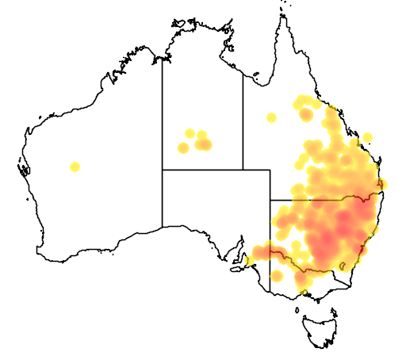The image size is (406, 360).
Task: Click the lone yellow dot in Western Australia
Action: (x=75, y=167)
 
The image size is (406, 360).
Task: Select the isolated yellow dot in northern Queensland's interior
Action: (x=272, y=118)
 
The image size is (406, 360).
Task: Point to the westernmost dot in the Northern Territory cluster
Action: (x=183, y=147)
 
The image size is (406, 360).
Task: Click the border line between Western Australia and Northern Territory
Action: (x=163, y=111)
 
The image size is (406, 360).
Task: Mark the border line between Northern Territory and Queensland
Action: (x=243, y=119)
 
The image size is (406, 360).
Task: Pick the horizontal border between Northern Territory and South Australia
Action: (x=202, y=170)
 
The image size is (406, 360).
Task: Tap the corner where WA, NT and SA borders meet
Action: (x=163, y=170)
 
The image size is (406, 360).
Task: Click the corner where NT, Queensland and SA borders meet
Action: (x=243, y=170)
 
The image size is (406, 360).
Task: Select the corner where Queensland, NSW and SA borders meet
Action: (x=270, y=200)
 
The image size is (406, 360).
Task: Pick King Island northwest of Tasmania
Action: (x=298, y=307)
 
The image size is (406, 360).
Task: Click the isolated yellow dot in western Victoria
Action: (x=278, y=276)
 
